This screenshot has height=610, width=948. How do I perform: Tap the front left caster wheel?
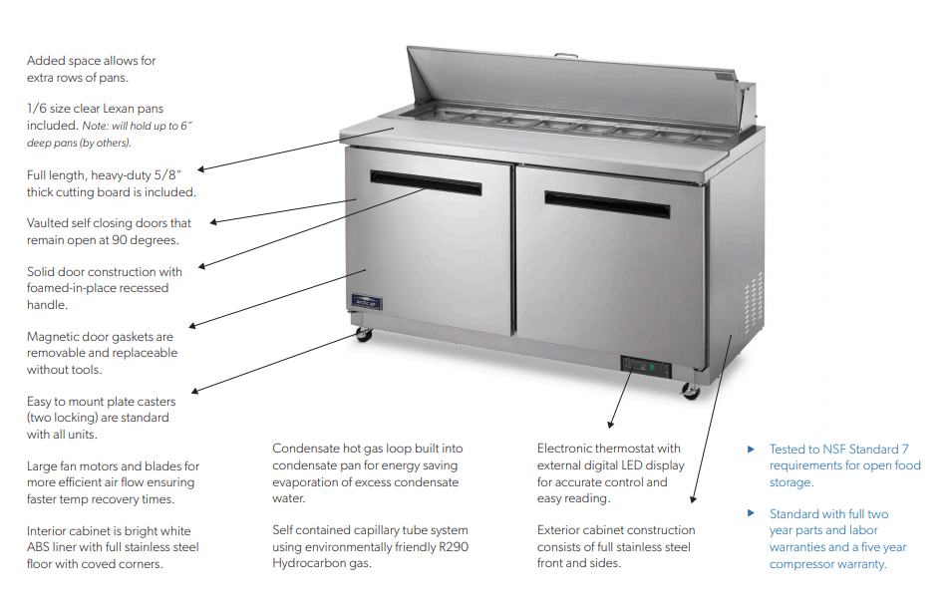coord(364,335)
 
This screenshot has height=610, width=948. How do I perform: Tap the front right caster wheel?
coord(689,391)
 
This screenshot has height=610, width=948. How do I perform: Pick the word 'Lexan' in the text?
coord(126,109)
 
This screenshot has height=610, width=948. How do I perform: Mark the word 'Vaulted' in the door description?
coord(50,223)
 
